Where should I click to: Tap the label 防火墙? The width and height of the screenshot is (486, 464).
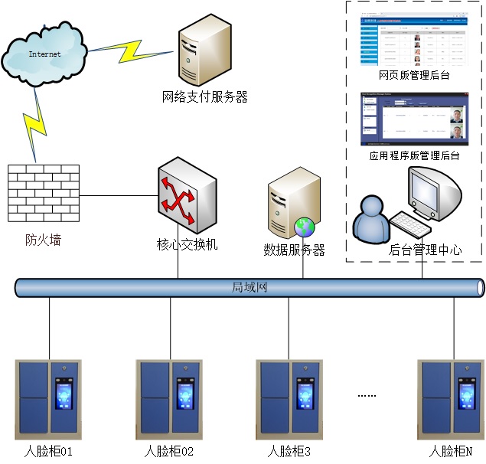[x=43, y=240]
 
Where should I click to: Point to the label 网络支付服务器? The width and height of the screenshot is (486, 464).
[x=205, y=97]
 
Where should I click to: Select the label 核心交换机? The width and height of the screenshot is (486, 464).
[x=188, y=244]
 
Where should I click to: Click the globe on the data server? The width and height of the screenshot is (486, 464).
[x=304, y=227]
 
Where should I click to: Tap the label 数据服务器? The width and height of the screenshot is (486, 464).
[x=295, y=250]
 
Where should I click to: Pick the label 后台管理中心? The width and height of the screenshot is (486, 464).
[x=426, y=249]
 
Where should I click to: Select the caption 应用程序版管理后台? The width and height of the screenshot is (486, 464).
[x=414, y=155]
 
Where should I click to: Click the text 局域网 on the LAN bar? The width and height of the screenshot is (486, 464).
[x=250, y=288]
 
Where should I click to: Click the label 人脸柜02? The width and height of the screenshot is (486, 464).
[x=169, y=452]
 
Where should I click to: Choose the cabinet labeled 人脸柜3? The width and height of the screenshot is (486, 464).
[x=289, y=397]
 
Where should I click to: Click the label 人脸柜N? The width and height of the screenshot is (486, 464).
[x=452, y=452]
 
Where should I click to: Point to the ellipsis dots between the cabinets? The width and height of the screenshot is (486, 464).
[x=367, y=396]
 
